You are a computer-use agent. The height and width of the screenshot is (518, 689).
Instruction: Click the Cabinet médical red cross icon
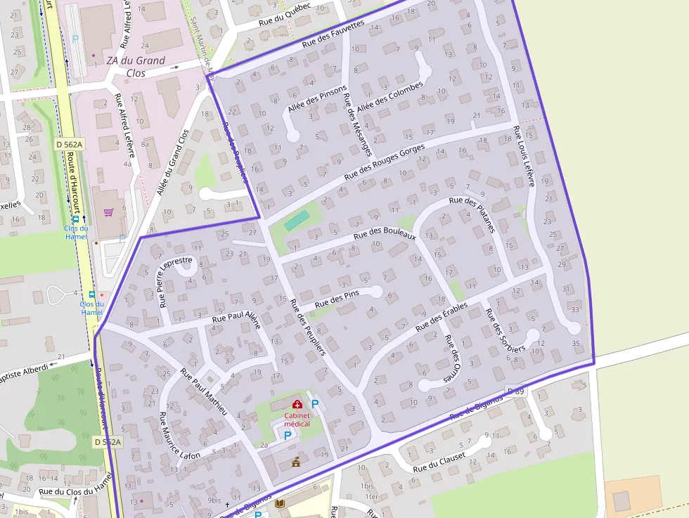[x=297, y=404]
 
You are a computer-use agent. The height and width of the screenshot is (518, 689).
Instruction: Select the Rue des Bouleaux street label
[x=385, y=236]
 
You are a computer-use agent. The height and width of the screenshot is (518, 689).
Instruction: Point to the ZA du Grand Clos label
[x=136, y=66]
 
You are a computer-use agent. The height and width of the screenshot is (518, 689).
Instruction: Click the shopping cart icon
[x=108, y=212]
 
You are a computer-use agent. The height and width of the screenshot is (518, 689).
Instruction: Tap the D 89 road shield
[x=516, y=391]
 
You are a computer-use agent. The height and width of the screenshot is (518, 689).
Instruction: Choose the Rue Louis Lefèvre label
[x=524, y=157]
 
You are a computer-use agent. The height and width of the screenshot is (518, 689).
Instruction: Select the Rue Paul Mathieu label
[x=204, y=391]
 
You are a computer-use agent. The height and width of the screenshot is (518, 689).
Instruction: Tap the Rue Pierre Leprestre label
[x=175, y=282]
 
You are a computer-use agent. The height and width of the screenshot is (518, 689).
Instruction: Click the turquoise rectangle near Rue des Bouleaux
[x=296, y=221]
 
